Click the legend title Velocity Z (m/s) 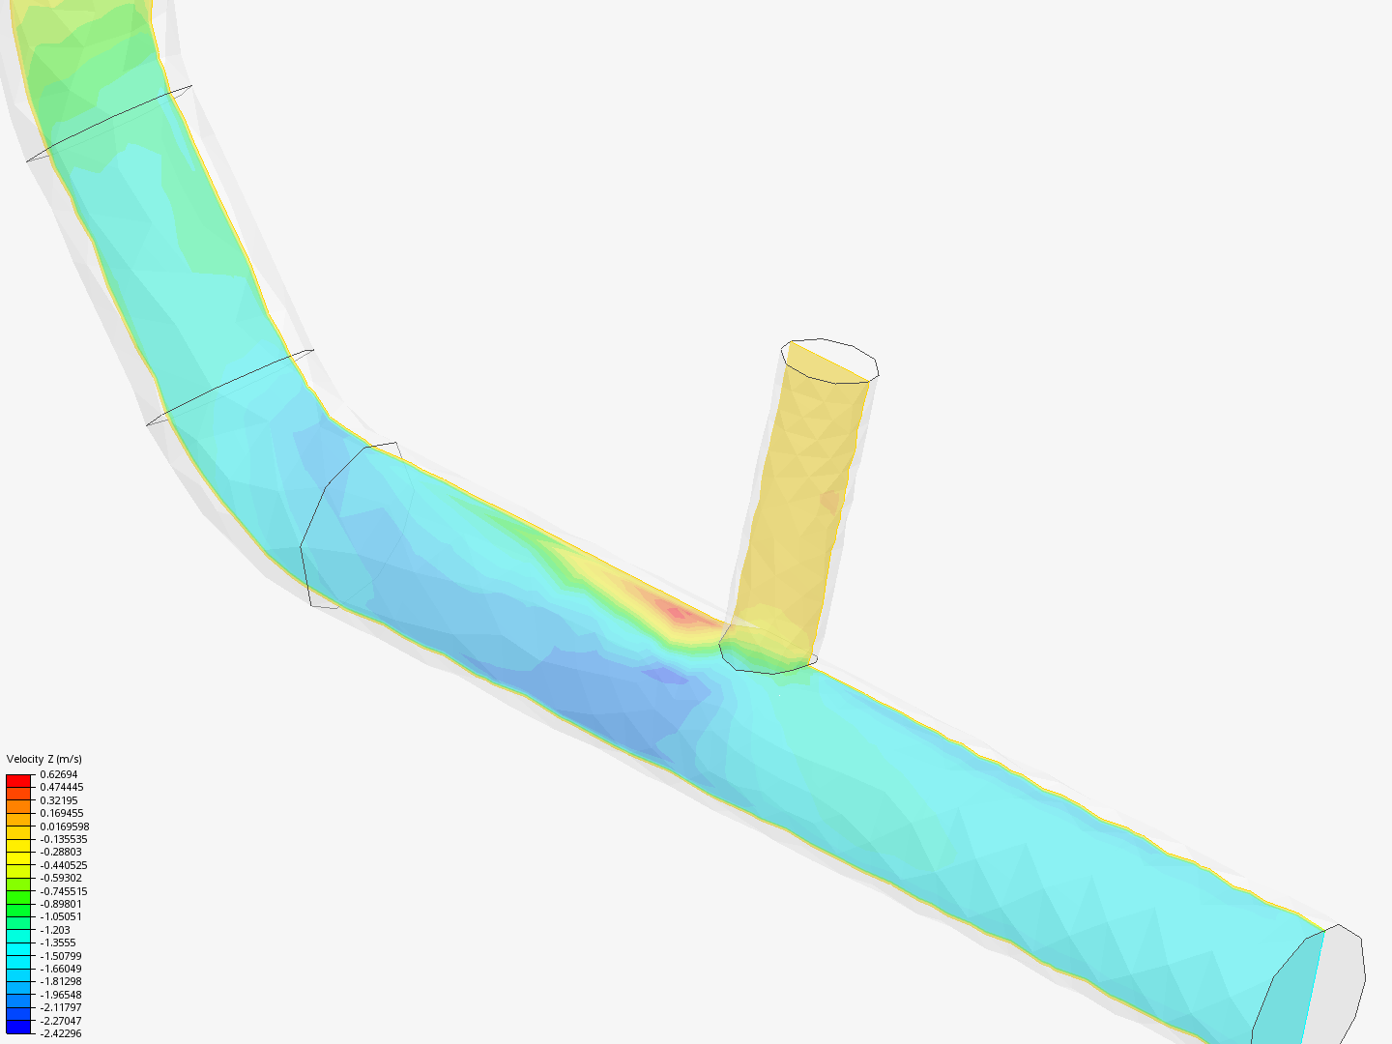pos(43,759)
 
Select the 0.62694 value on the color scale pos(58,774)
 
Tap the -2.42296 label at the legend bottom pos(60,1033)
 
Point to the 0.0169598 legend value pos(64,826)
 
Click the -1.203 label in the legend pos(54,930)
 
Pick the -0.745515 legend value pos(63,891)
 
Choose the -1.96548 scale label pos(60,995)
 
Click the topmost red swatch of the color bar pos(18,780)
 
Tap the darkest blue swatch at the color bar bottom pos(18,1028)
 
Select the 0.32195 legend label pos(58,800)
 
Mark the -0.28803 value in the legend pos(60,853)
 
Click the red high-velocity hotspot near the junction pos(673,611)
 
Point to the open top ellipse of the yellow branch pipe pos(829,360)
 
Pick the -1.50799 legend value pos(60,956)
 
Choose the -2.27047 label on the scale pos(60,1021)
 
